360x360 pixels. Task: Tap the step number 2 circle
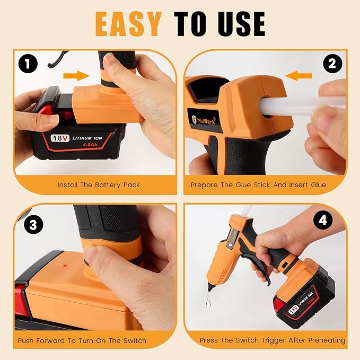point(332,64)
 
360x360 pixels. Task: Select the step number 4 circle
point(321,221)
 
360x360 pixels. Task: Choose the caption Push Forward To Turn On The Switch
point(82,340)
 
